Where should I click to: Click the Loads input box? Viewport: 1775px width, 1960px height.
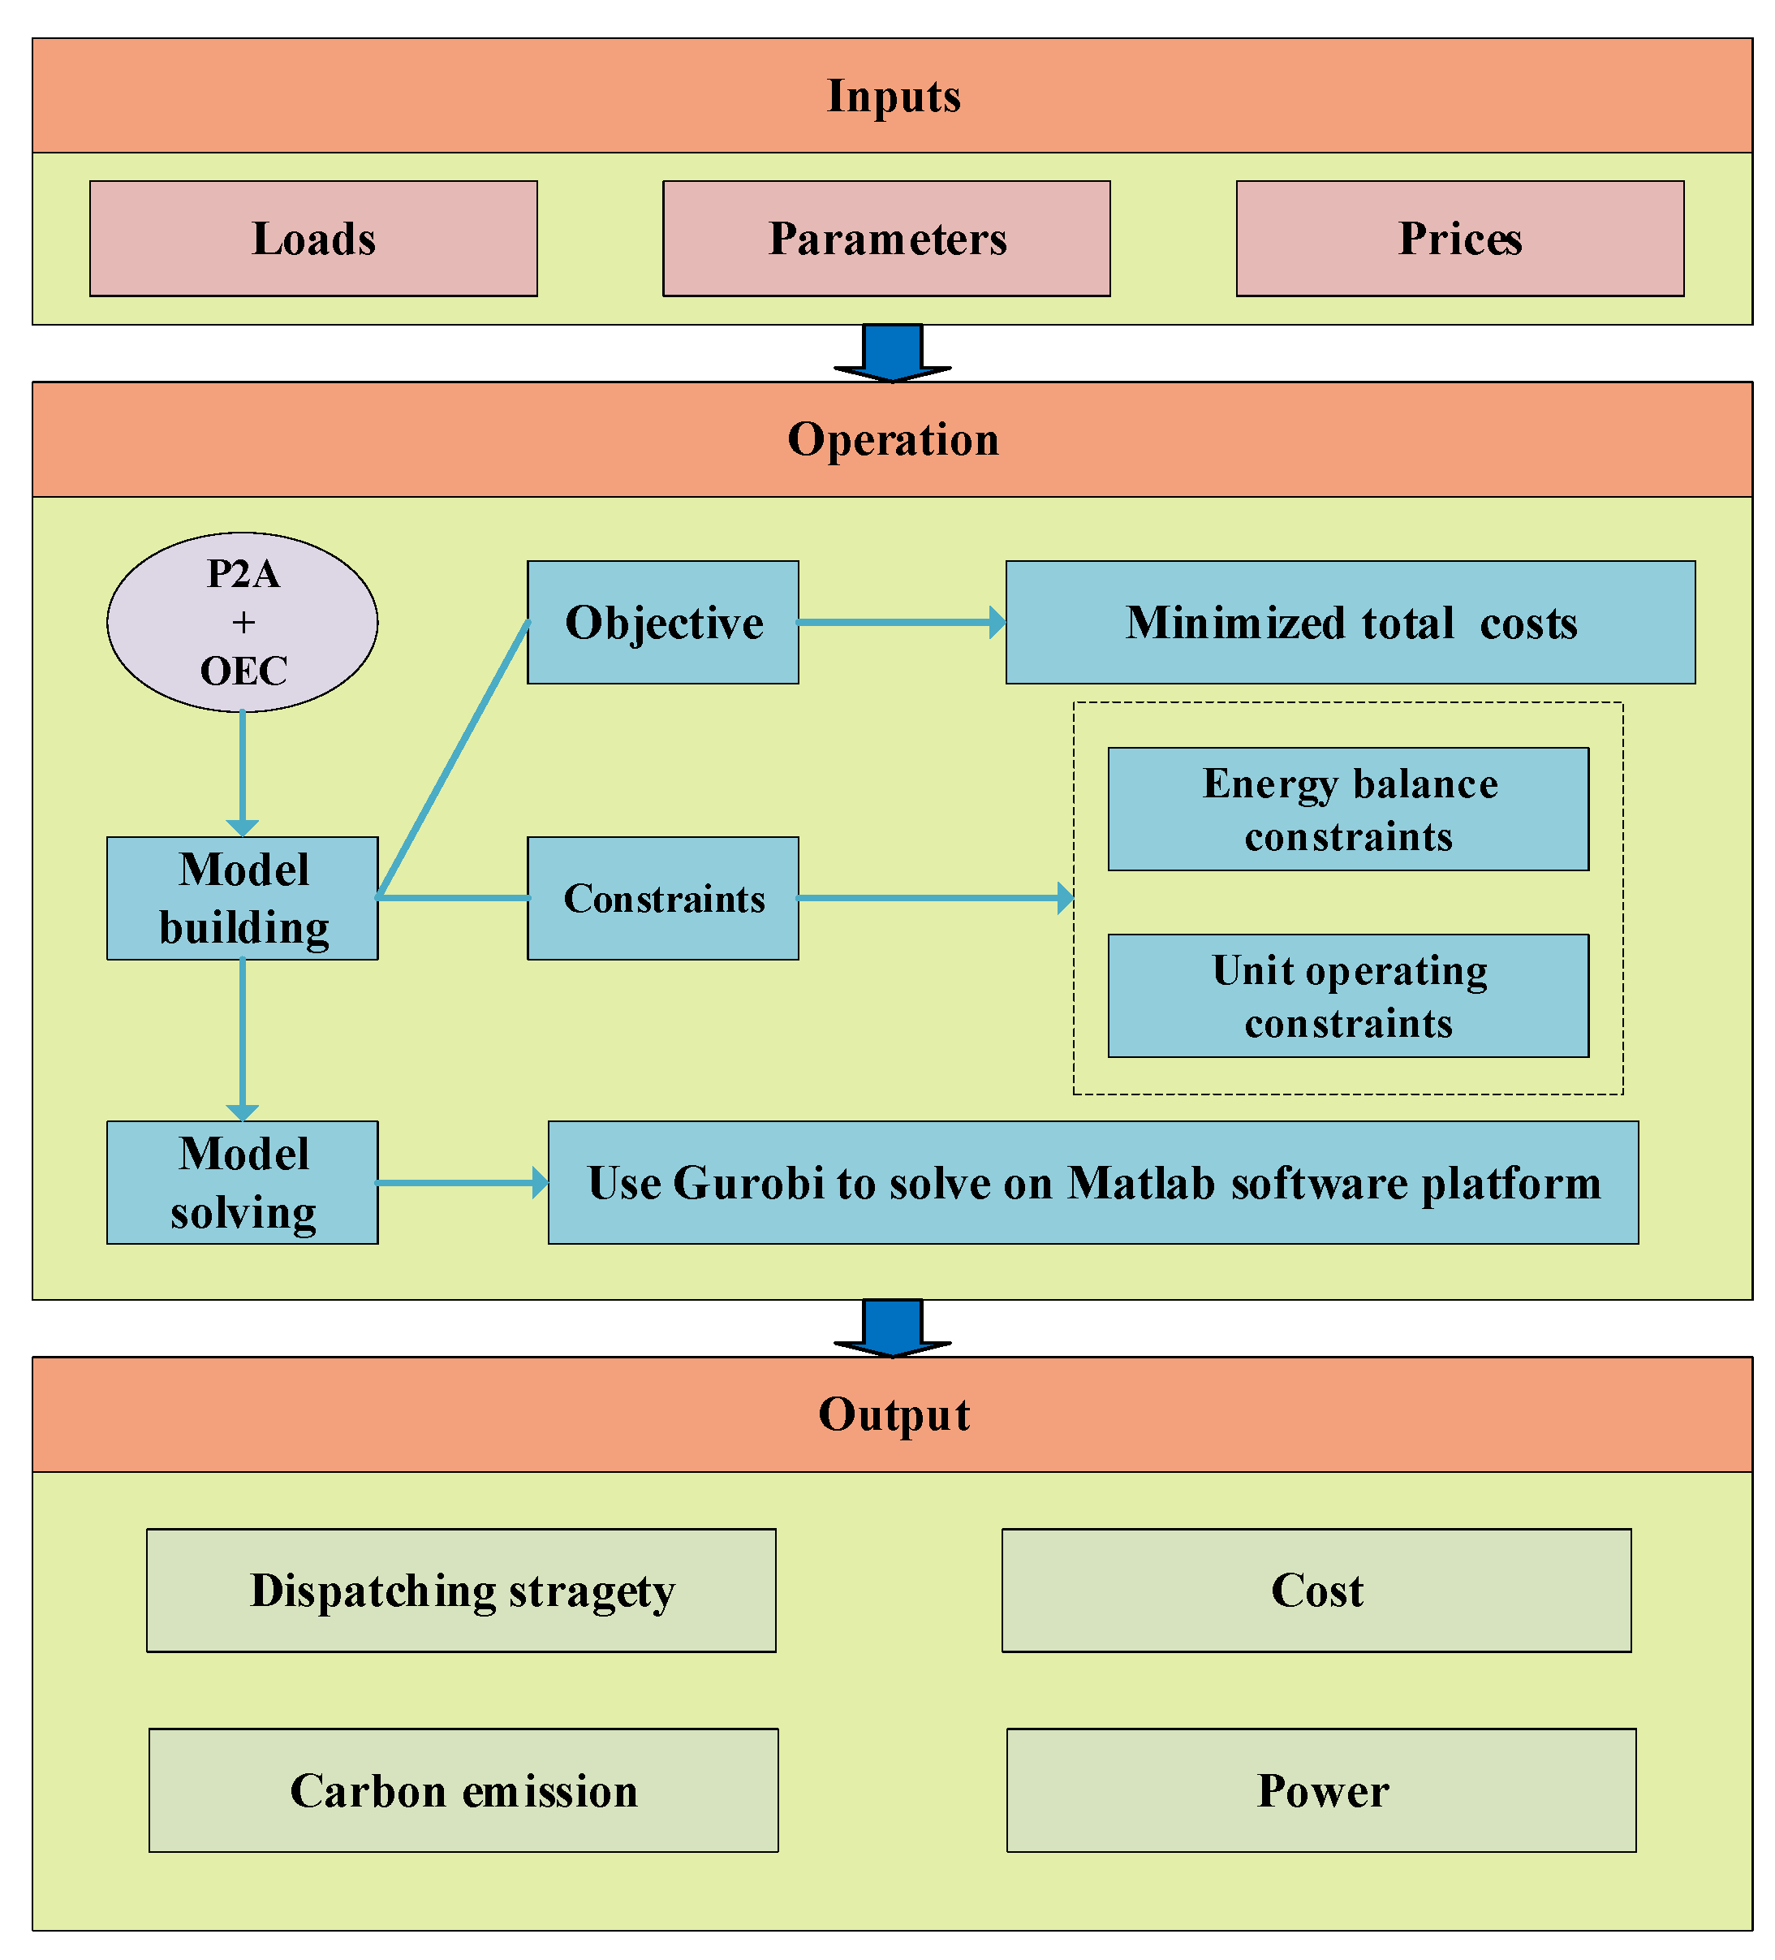[313, 238]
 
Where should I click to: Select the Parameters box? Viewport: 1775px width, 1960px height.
[885, 238]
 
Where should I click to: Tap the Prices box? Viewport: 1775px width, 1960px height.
[1459, 238]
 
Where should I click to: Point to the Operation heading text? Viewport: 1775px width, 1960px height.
[892, 439]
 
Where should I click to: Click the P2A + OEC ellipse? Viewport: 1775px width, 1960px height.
[242, 622]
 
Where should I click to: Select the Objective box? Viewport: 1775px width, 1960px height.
[663, 622]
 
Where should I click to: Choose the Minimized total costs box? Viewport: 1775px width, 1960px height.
[1351, 622]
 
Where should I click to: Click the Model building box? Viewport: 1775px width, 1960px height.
[242, 898]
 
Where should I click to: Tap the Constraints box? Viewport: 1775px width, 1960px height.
[663, 898]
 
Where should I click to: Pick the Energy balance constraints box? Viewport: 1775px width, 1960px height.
[1348, 809]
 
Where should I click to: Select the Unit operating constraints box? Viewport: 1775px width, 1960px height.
[1348, 995]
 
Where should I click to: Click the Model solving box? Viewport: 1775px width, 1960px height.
[242, 1182]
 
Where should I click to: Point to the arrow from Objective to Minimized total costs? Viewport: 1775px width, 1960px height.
[899, 622]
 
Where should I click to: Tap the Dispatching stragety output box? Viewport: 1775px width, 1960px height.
[461, 1591]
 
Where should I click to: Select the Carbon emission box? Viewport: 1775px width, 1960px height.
[463, 1789]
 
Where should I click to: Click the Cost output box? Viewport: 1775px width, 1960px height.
[1316, 1591]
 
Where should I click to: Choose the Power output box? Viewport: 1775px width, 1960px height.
[1321, 1789]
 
